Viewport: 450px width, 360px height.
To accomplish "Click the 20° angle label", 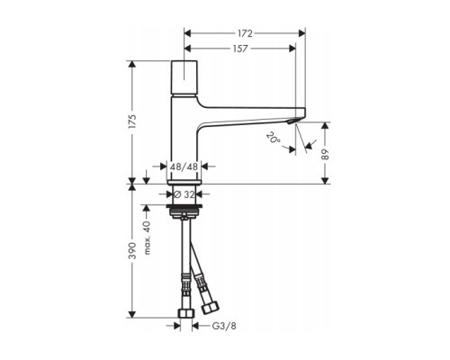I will point(272,139).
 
